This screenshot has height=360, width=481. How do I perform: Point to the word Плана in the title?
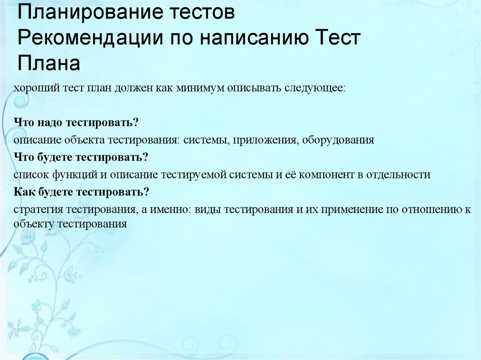click(49, 63)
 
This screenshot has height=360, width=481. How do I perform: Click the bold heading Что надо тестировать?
click(76, 123)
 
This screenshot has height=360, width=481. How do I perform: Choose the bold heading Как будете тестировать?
click(82, 191)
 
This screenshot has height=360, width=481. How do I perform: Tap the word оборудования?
click(338, 140)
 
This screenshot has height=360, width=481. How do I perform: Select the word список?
click(29, 175)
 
